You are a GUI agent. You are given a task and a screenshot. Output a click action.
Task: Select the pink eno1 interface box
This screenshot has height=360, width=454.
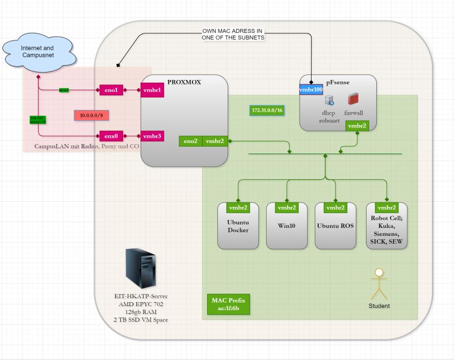pyautogui.click(x=110, y=90)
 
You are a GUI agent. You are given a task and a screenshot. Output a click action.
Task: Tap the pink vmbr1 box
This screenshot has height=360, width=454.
pyautogui.click(x=152, y=90)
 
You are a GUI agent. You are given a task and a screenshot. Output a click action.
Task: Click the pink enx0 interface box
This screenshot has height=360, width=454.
pyautogui.click(x=110, y=136)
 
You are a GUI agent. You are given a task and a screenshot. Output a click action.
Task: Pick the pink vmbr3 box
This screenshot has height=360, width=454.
pyautogui.click(x=152, y=136)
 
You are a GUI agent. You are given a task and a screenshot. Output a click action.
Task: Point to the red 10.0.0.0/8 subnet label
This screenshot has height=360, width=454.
pyautogui.click(x=91, y=115)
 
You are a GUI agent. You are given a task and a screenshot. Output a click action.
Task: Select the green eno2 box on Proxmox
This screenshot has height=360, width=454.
pyautogui.click(x=191, y=141)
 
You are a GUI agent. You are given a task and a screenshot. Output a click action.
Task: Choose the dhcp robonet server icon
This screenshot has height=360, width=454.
pyautogui.click(x=329, y=101)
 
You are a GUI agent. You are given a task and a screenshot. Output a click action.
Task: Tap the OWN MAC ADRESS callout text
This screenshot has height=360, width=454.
pyautogui.click(x=233, y=33)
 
